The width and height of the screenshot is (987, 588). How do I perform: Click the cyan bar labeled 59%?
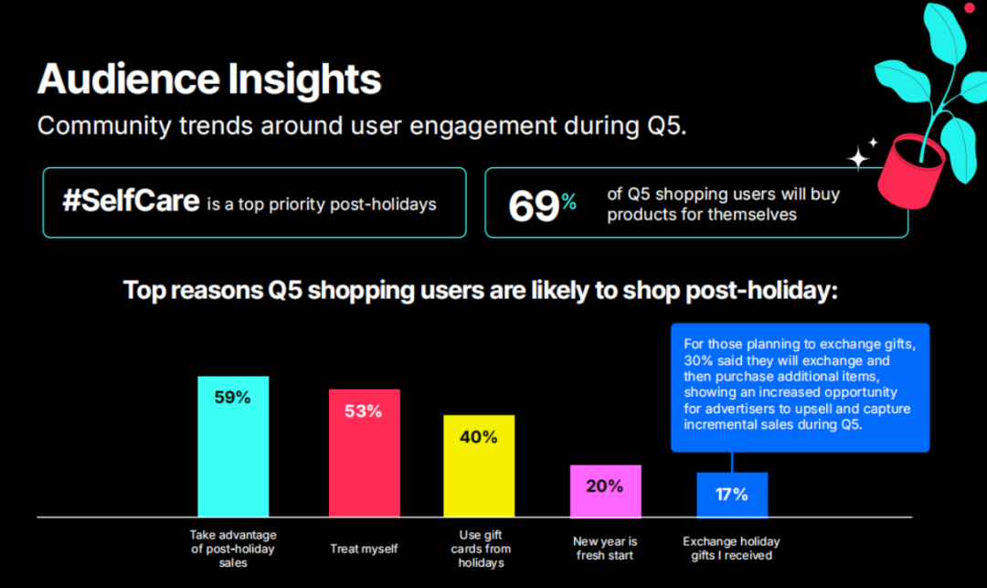coord(233,446)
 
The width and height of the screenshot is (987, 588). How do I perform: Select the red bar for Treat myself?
coord(364,453)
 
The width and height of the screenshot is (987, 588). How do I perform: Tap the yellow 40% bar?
coord(479,465)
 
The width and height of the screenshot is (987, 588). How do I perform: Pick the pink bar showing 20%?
coord(606,491)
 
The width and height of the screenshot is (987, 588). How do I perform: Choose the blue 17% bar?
coord(732,495)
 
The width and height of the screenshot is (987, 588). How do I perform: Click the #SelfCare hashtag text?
coord(131,201)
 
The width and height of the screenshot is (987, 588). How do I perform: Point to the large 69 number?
coord(533,206)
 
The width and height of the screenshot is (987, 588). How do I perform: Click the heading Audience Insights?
coord(209,79)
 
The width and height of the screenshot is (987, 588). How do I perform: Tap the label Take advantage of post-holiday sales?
coord(233,549)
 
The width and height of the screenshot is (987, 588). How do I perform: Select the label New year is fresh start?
coord(605,549)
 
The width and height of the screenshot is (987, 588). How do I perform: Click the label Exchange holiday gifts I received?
coord(731,549)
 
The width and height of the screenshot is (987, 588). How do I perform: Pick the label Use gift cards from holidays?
coord(481,549)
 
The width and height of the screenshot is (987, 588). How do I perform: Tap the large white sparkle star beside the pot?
coord(858,157)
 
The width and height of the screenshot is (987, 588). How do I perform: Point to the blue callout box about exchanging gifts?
coord(800,387)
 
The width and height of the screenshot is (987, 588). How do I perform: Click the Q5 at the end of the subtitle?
coord(666,125)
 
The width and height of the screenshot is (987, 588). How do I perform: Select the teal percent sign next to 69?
coord(568,201)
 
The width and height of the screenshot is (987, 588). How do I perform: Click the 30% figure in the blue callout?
coord(699,360)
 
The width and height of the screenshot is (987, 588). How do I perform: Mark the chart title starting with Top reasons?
coord(481,290)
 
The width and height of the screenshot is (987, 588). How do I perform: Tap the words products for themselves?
coord(702,215)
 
